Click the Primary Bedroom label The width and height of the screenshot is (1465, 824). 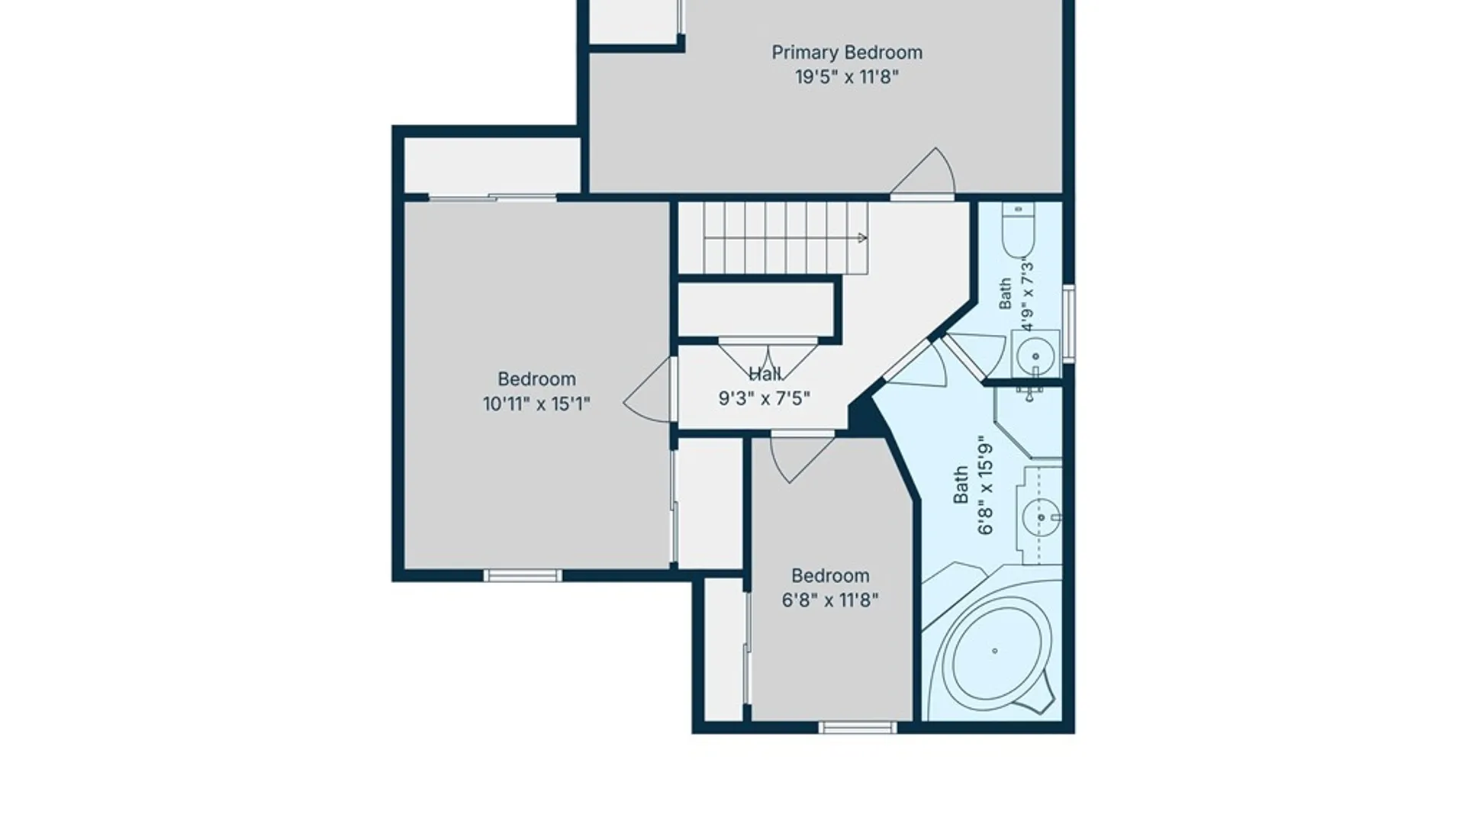(847, 53)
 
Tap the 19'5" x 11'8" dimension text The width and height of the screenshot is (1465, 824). (847, 77)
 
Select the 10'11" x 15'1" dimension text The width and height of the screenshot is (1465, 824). (536, 404)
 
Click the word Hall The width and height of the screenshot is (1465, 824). (765, 374)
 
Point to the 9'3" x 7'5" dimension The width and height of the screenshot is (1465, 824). (765, 398)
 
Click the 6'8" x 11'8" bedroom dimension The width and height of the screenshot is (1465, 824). (830, 600)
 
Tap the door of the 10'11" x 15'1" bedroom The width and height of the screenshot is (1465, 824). (649, 390)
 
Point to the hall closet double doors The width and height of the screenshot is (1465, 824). (768, 359)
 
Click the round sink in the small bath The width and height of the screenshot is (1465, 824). (1036, 356)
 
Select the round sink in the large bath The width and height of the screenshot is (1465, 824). (1041, 517)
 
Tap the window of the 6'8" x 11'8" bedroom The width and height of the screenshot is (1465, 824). (858, 727)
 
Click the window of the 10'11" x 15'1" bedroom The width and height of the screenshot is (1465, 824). (523, 575)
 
